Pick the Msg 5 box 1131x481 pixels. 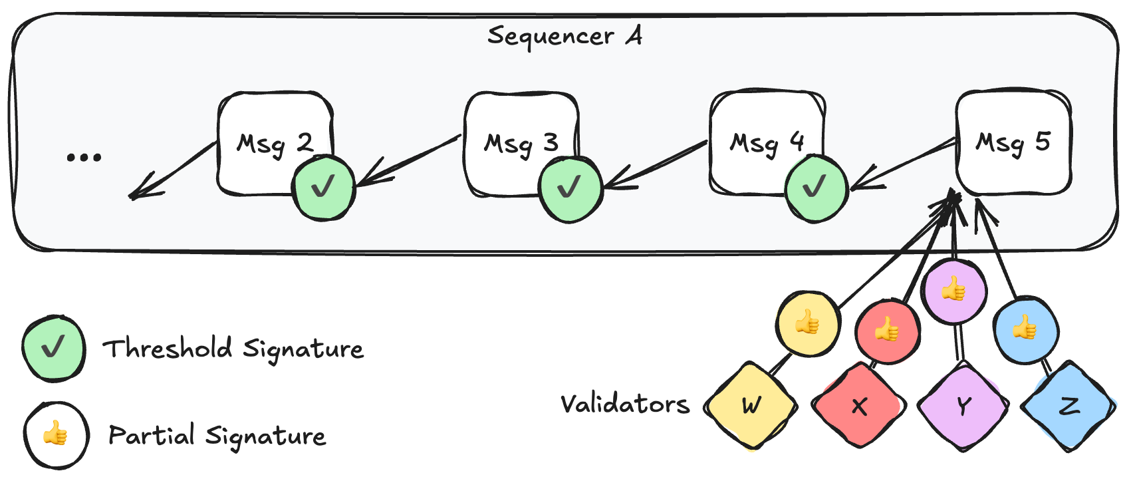point(1013,142)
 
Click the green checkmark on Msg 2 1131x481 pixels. point(324,187)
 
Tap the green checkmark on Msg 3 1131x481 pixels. point(570,188)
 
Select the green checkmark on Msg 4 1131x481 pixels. point(815,188)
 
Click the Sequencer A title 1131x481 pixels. point(565,36)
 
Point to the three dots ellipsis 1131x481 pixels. point(84,157)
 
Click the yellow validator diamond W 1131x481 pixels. point(751,405)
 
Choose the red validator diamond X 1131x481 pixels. point(859,405)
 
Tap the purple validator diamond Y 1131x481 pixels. point(963,405)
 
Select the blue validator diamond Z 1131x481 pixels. point(1068,405)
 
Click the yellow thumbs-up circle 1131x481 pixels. point(807,323)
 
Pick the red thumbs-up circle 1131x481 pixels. point(887,330)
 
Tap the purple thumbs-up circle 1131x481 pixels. point(954,290)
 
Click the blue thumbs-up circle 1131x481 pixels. point(1025,329)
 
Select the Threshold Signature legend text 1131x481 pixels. point(233,349)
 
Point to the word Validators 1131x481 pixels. point(624,403)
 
